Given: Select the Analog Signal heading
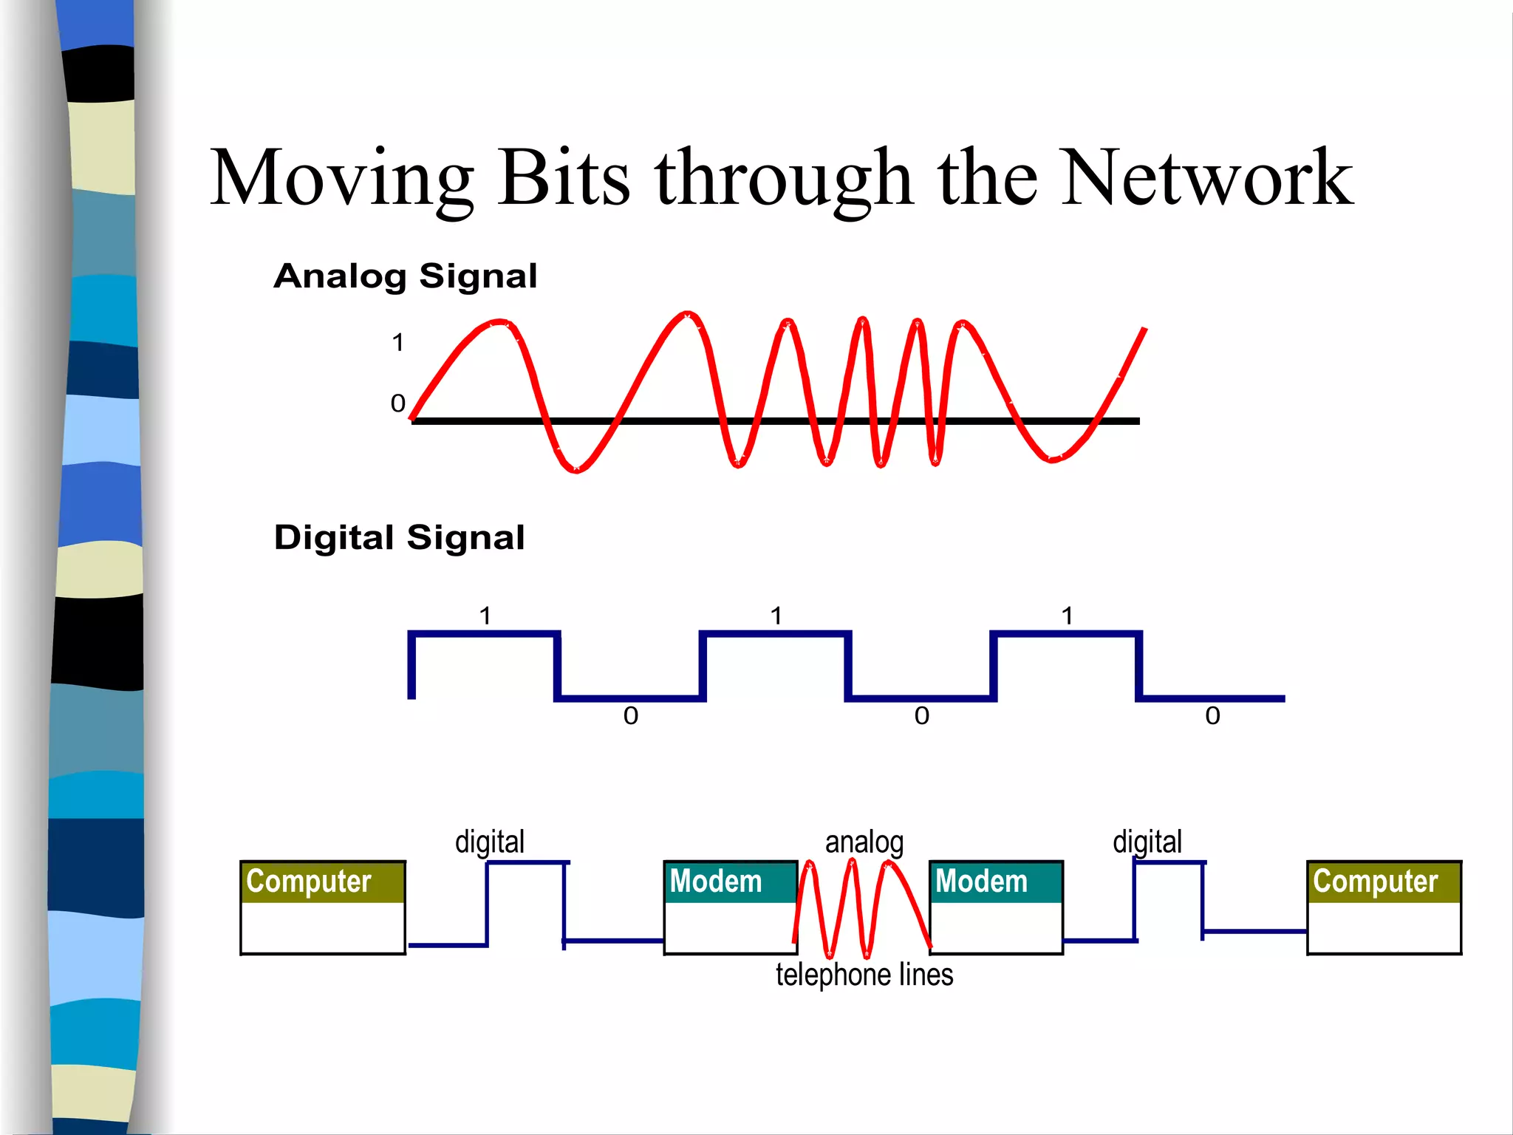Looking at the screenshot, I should (x=405, y=276).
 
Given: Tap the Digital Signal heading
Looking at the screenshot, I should (x=399, y=537).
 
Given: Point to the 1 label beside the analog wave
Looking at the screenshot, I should (x=397, y=343).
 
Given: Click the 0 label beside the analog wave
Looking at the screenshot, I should (x=397, y=403).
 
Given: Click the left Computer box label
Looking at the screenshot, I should (x=309, y=882).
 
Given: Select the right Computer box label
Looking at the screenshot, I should (x=1375, y=882).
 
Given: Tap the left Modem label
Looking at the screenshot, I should (x=715, y=882).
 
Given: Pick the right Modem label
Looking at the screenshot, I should (x=981, y=882).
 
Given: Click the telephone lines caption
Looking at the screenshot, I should (x=864, y=975).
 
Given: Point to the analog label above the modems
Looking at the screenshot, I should (x=864, y=842).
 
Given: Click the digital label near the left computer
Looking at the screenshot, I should (x=490, y=842).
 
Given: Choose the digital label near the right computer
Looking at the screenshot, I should (x=1147, y=842).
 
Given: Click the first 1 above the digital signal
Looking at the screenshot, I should (x=485, y=616).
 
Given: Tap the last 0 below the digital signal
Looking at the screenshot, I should (x=1212, y=715).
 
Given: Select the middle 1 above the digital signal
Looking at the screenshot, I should (x=776, y=616).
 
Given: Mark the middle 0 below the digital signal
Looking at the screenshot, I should (x=921, y=715).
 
